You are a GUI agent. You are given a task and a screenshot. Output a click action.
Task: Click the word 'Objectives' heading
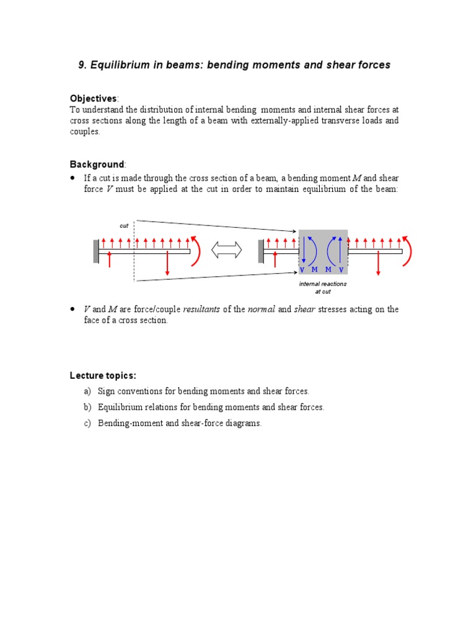point(93,98)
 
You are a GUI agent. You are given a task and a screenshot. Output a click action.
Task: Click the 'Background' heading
point(97,164)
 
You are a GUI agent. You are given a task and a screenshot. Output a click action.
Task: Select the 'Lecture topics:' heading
point(103,376)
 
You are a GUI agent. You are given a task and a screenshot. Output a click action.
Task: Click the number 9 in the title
point(82,65)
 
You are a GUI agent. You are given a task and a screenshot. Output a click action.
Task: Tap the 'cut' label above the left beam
point(124,226)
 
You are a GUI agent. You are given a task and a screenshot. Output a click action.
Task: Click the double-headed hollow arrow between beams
point(227,250)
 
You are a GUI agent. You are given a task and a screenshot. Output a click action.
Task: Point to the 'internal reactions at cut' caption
point(323,287)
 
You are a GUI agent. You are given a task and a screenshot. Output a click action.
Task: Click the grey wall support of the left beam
point(96,251)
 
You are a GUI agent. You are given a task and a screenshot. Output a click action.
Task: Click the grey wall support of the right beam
point(261,251)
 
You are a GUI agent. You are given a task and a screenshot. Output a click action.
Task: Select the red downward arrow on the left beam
point(167,264)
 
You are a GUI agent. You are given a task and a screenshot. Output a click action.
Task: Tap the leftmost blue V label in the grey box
point(302,270)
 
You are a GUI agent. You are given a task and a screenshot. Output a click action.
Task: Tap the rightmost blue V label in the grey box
point(341,270)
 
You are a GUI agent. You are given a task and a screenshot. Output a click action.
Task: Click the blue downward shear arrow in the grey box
point(304,251)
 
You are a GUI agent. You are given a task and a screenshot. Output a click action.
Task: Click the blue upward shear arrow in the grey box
point(340,250)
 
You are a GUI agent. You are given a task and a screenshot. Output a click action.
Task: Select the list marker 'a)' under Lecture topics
point(87,391)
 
